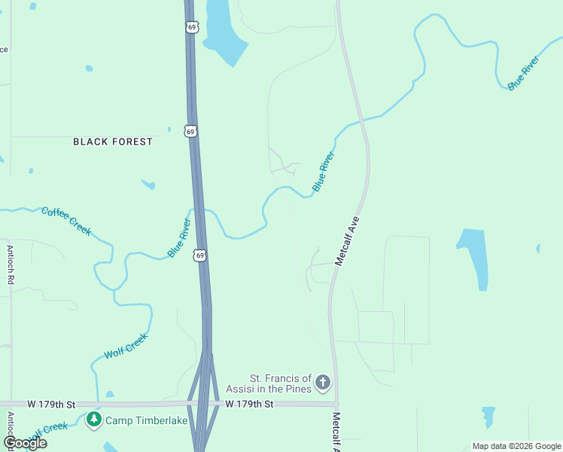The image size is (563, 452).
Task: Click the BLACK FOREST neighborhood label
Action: pos(112,142)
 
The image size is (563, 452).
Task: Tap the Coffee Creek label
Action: pos(66,221)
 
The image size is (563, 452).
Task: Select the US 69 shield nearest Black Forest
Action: pos(191,132)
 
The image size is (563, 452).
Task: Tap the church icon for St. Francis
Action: pos(323,383)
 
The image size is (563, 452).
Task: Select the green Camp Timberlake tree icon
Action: pos(94,420)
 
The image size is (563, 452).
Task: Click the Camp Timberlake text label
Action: pos(146,420)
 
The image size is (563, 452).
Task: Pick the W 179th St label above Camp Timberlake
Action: pos(51,405)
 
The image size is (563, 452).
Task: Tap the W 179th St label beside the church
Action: pos(249,405)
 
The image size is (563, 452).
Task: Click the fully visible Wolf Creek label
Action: pos(126,347)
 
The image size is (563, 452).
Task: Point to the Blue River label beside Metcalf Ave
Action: pos(323,172)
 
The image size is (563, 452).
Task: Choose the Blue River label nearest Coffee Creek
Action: pos(180,238)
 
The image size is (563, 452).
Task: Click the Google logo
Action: pos(25,443)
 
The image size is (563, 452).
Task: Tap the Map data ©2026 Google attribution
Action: pos(516,446)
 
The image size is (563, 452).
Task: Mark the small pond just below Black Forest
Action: pos(148,184)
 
